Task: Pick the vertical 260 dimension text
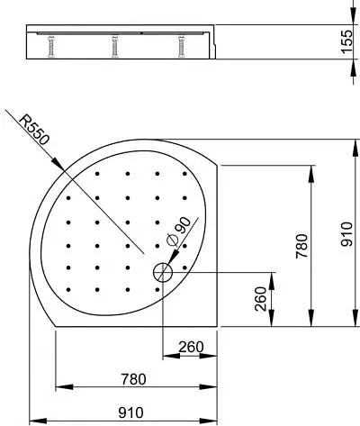click(x=259, y=297)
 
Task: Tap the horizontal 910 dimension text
click(x=131, y=413)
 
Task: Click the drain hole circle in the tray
click(x=163, y=271)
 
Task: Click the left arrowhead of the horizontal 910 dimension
click(x=34, y=421)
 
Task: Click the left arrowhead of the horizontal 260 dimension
click(x=166, y=356)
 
